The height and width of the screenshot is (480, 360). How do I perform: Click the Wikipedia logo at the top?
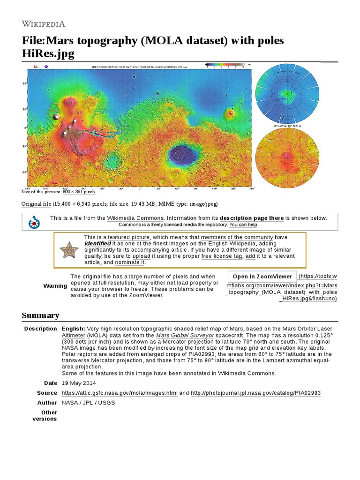pyautogui.click(x=43, y=23)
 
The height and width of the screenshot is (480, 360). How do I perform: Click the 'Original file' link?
pyautogui.click(x=36, y=204)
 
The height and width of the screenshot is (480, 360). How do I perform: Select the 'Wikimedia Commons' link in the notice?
pyautogui.click(x=135, y=218)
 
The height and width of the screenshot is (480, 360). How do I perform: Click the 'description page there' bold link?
pyautogui.click(x=252, y=218)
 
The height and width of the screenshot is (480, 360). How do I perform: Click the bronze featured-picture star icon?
pyautogui.click(x=68, y=250)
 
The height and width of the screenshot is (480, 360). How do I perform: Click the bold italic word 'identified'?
pyautogui.click(x=97, y=244)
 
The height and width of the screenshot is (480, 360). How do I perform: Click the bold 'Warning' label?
pyautogui.click(x=55, y=286)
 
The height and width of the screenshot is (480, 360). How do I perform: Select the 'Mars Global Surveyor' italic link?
pyautogui.click(x=185, y=335)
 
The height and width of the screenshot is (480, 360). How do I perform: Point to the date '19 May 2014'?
pyautogui.click(x=79, y=383)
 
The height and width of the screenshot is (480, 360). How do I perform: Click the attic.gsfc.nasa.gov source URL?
pyautogui.click(x=119, y=393)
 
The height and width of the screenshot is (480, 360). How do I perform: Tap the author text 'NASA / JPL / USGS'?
pyautogui.click(x=88, y=403)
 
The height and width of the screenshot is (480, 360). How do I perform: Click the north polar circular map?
pyautogui.click(x=287, y=94)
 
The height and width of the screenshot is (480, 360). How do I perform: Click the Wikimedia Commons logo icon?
pyautogui.click(x=34, y=222)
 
